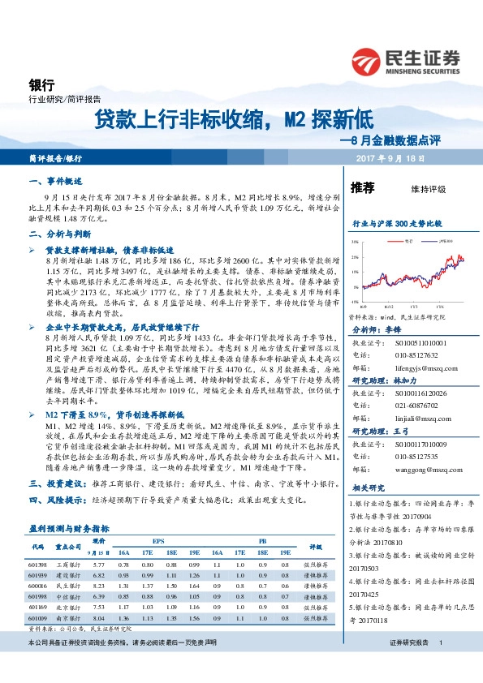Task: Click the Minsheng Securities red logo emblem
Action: [x=368, y=62]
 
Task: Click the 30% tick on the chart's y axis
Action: [x=355, y=242]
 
